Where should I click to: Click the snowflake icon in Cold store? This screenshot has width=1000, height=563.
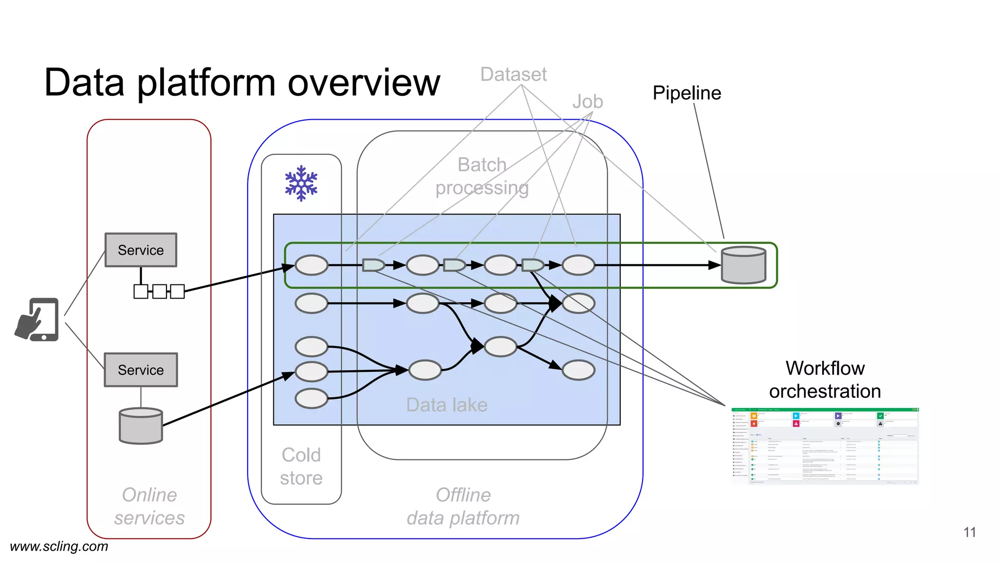(x=301, y=183)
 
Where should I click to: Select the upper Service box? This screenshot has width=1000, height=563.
(x=141, y=250)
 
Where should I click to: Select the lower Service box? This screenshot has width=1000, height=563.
(x=141, y=370)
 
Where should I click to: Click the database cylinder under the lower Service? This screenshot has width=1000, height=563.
(x=141, y=426)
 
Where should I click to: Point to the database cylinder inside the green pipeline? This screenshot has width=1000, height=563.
(x=743, y=265)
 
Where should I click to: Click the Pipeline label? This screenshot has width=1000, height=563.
(x=687, y=93)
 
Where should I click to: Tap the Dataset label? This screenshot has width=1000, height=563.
(x=513, y=74)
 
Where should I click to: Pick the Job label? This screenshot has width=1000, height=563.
(x=587, y=102)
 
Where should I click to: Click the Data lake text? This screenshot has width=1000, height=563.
(x=447, y=405)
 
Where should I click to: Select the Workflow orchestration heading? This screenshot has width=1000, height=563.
(x=825, y=380)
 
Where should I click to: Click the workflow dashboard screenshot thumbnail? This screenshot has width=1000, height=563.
(x=825, y=446)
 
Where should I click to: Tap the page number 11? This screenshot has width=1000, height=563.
(x=969, y=532)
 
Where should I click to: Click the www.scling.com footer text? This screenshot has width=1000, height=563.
(x=59, y=546)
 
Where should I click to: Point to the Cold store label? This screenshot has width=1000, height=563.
(x=301, y=466)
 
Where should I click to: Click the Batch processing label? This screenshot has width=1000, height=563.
(x=482, y=176)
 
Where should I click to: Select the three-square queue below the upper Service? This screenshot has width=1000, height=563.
(x=159, y=291)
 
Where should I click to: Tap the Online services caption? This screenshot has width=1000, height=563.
(x=149, y=506)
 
